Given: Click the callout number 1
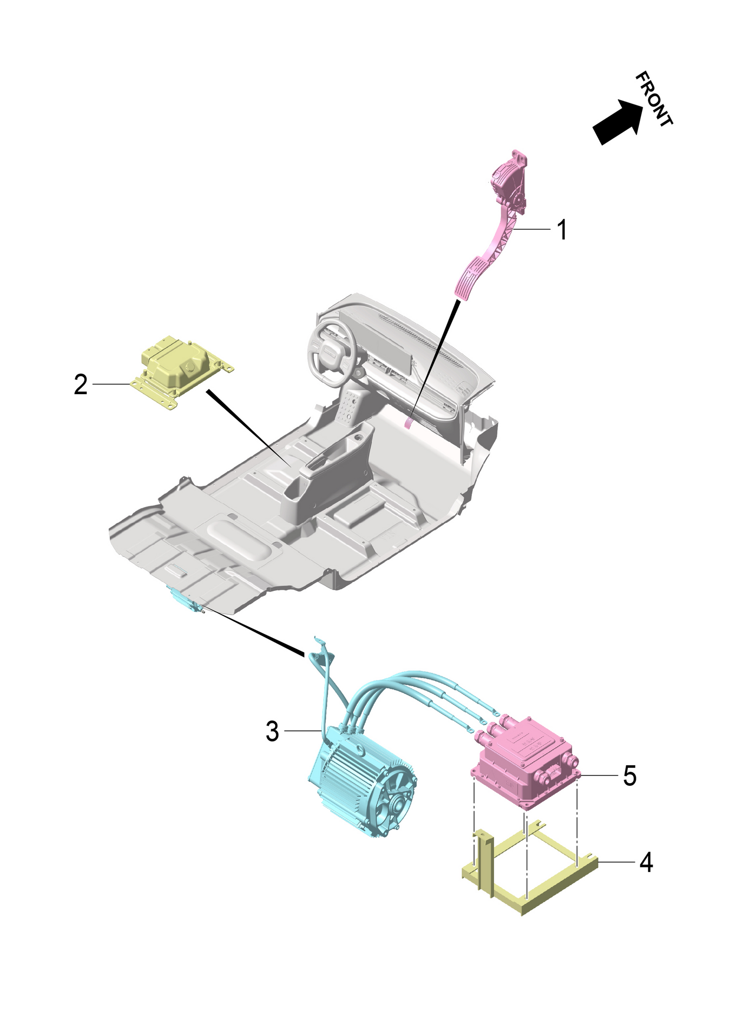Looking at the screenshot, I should coord(561,230).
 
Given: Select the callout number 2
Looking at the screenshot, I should coord(81,384).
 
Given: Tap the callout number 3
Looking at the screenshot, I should coord(272,732).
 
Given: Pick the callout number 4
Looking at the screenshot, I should coord(646,862).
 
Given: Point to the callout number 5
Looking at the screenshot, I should coord(629,776).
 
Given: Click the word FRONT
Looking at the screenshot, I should coord(653,99).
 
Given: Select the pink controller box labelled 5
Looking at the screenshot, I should coord(526,766).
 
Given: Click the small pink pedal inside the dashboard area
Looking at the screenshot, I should coord(409,421).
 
